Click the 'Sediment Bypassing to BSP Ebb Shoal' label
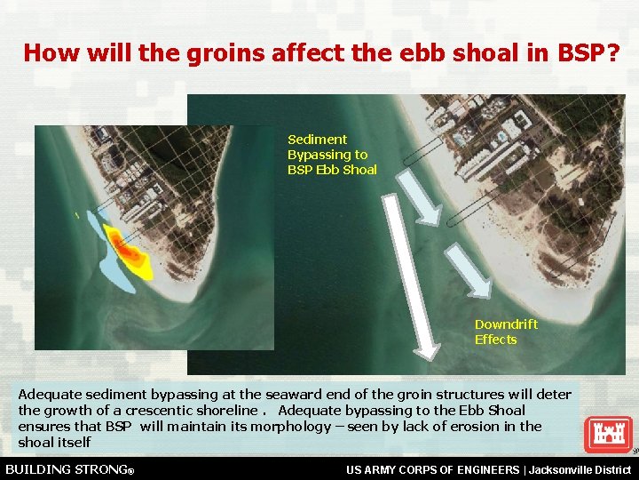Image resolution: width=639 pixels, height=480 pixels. point(331,155)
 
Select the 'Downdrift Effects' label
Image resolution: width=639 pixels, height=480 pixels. point(505,332)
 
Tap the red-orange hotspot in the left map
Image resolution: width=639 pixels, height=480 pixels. point(128,252)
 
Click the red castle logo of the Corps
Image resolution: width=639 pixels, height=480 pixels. point(608,435)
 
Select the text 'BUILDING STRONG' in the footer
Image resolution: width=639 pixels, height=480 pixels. point(67,468)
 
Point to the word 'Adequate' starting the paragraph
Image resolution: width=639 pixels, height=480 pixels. point(47,395)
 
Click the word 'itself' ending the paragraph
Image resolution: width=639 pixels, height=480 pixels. point(74,443)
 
